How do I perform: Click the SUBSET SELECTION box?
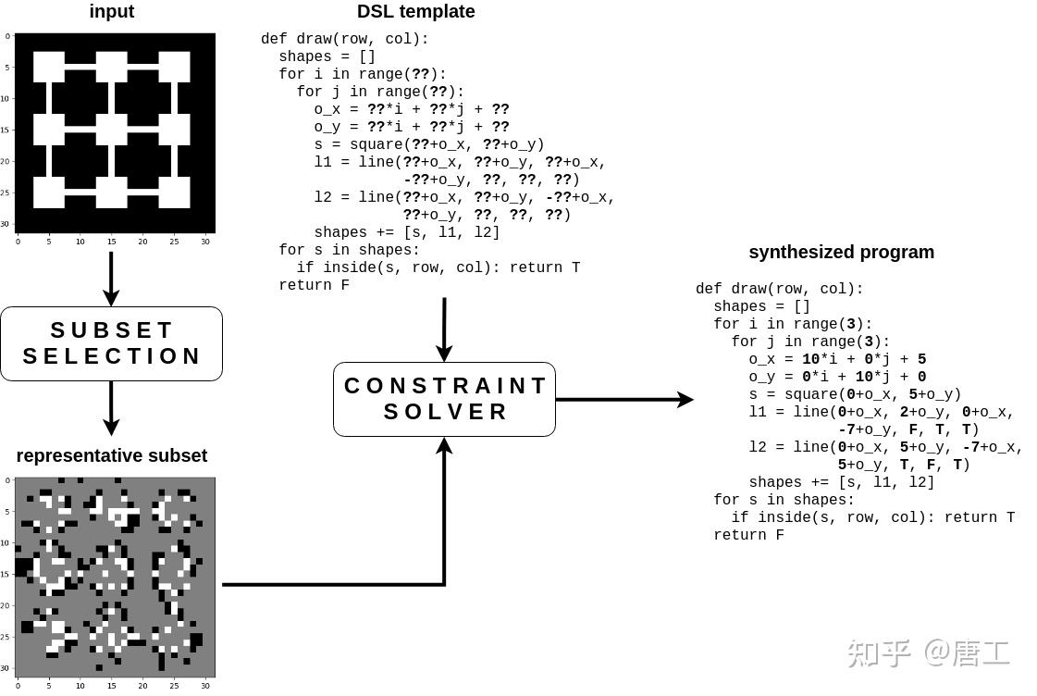click(111, 343)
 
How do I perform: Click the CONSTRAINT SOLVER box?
click(444, 399)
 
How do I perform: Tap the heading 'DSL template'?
click(415, 12)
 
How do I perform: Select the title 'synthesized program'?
click(841, 252)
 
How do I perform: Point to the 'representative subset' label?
click(111, 455)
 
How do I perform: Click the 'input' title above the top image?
click(112, 12)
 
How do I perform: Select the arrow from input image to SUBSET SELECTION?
click(111, 278)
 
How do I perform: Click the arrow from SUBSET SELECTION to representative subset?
click(111, 407)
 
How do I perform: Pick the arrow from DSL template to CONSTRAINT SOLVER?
click(444, 329)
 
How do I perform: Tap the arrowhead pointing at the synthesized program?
click(685, 399)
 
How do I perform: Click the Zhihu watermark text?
click(928, 652)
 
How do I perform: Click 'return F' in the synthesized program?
click(748, 535)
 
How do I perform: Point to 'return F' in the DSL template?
click(314, 285)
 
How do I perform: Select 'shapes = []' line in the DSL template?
click(327, 56)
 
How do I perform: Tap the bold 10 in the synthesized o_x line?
click(810, 359)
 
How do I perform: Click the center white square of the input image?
click(111, 130)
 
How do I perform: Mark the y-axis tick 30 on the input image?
click(7, 223)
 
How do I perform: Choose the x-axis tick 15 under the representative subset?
click(111, 686)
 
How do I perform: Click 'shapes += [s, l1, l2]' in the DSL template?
click(406, 232)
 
